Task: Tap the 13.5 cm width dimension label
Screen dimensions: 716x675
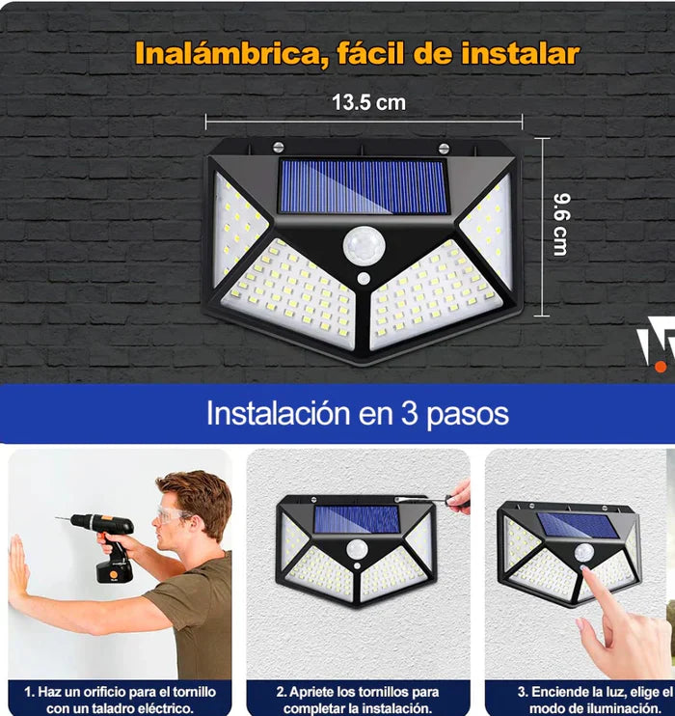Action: click(x=368, y=102)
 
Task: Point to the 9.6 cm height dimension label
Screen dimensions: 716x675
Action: click(x=559, y=224)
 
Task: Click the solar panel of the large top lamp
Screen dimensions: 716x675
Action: click(x=364, y=186)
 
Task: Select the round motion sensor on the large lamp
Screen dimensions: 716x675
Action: click(x=364, y=245)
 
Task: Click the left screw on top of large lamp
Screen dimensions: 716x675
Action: click(x=279, y=147)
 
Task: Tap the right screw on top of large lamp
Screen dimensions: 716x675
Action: click(x=445, y=148)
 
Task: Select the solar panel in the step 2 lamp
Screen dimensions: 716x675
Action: click(x=356, y=519)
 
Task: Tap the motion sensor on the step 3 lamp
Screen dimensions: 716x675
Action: click(x=584, y=553)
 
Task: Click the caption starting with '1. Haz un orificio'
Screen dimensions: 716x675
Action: click(x=120, y=700)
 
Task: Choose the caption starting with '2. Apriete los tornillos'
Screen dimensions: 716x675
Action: click(x=358, y=700)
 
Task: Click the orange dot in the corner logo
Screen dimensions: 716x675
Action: click(x=661, y=366)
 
